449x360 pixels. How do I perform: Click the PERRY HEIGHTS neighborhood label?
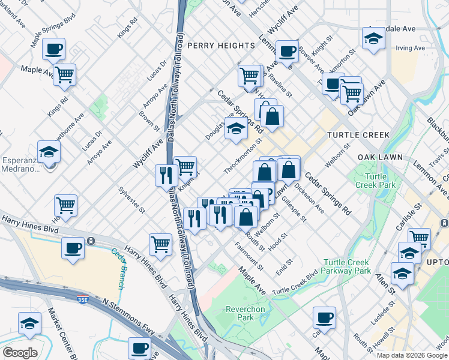click(x=221, y=46)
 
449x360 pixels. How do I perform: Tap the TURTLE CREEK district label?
click(x=358, y=135)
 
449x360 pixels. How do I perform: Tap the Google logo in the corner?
click(x=20, y=353)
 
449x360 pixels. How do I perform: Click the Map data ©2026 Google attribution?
click(x=412, y=355)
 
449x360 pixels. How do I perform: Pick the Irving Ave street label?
click(x=411, y=48)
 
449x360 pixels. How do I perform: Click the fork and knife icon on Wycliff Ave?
click(x=166, y=175)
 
